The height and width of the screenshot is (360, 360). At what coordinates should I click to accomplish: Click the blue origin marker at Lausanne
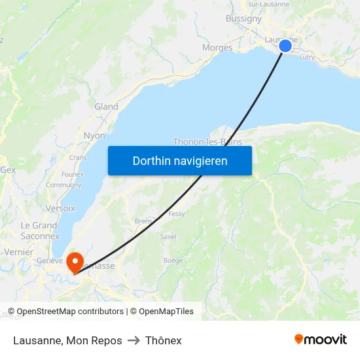point(285,45)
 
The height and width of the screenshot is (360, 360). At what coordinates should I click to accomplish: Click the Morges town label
point(217,48)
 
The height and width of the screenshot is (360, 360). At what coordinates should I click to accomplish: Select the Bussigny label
point(243,19)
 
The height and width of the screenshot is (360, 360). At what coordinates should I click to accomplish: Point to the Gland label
point(106,107)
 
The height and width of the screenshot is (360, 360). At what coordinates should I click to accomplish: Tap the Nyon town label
point(94,136)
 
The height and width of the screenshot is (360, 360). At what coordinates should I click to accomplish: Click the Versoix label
point(61,208)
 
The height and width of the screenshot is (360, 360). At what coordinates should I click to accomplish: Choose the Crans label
point(78,158)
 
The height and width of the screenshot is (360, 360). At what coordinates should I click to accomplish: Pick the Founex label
point(72,174)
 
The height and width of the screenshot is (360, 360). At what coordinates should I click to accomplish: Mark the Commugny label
point(63,185)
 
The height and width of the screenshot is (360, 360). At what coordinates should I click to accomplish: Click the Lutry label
point(307,58)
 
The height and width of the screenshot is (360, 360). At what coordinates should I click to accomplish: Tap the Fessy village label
point(177,214)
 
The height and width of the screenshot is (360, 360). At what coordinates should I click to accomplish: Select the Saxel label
point(168,236)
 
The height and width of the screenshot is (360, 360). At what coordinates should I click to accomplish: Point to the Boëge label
point(173,261)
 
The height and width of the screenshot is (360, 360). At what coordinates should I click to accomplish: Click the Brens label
point(143,221)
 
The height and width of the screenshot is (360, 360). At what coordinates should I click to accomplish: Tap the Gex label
point(8,170)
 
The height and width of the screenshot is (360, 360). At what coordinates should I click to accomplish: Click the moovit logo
point(321,340)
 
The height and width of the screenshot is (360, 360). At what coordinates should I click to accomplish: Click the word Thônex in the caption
point(164,340)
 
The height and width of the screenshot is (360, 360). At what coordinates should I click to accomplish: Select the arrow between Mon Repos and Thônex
point(134,340)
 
